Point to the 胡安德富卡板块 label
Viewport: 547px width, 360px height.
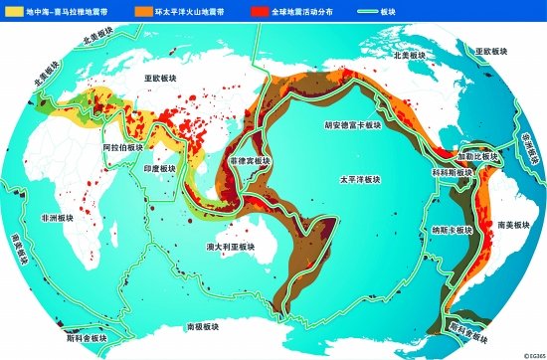[x=350, y=126]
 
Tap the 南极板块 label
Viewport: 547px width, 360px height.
[x=204, y=325]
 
